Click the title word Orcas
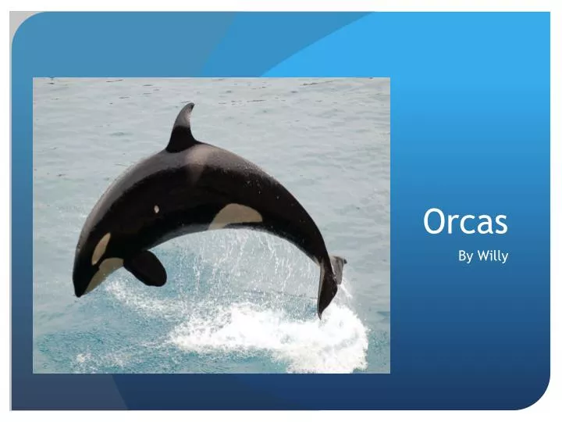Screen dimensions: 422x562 [465, 222]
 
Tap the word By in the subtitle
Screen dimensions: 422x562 [464, 256]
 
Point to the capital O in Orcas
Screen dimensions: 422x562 [434, 222]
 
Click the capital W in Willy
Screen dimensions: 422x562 [482, 256]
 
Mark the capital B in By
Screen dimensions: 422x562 [461, 256]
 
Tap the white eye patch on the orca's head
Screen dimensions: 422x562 [101, 249]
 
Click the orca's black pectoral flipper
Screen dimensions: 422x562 [146, 268]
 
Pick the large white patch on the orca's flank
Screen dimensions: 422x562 [234, 215]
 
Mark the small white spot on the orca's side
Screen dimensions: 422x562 [156, 209]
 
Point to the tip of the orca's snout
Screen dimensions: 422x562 [76, 291]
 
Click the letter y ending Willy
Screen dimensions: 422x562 [504, 258]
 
